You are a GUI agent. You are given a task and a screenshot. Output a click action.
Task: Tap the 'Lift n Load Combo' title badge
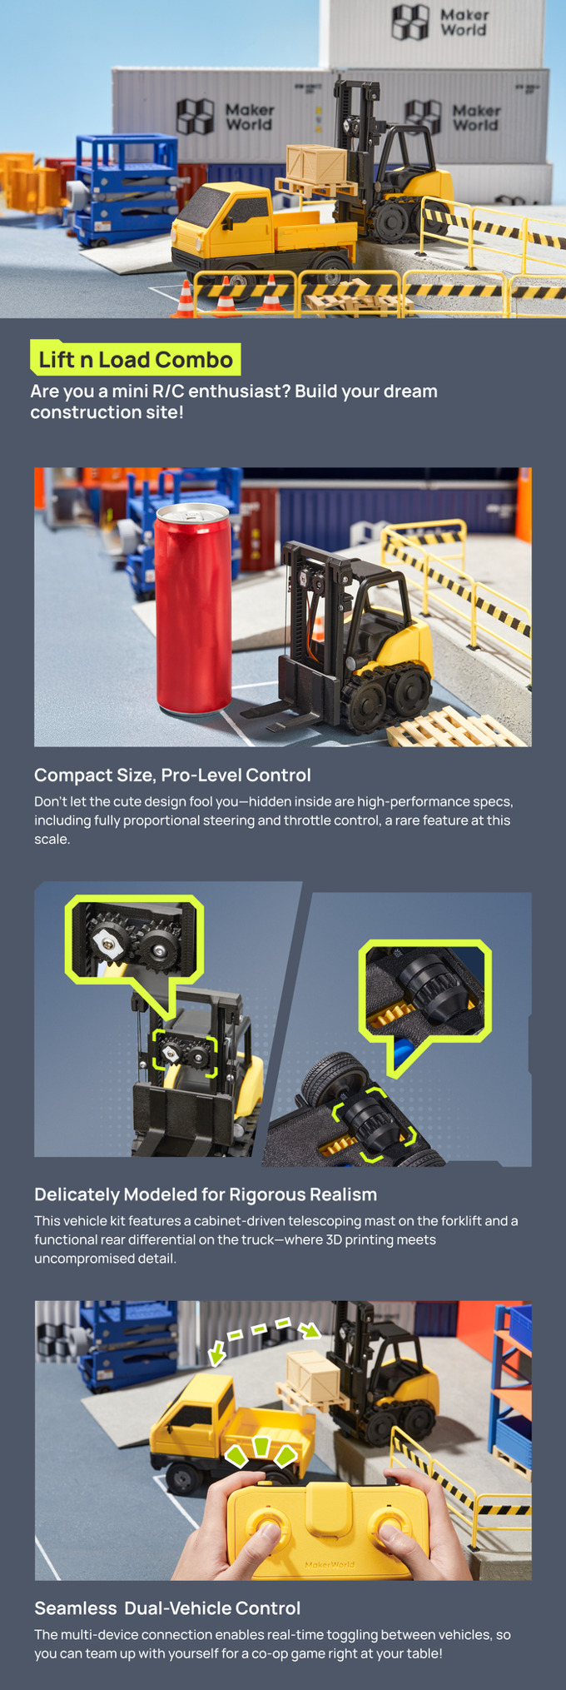pyautogui.click(x=136, y=359)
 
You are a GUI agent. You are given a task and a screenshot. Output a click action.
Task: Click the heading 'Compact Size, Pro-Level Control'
pyautogui.click(x=172, y=775)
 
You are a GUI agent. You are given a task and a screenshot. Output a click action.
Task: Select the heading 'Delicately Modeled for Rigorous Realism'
pyautogui.click(x=206, y=1194)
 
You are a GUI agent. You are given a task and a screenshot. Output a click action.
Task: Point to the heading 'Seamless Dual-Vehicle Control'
pyautogui.click(x=167, y=1608)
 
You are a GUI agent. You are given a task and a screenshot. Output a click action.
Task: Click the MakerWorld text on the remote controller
pyautogui.click(x=330, y=1564)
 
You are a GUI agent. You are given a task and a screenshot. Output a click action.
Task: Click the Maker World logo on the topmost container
pyautogui.click(x=440, y=22)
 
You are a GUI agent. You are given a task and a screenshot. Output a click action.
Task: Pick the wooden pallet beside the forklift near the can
pyautogui.click(x=456, y=726)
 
